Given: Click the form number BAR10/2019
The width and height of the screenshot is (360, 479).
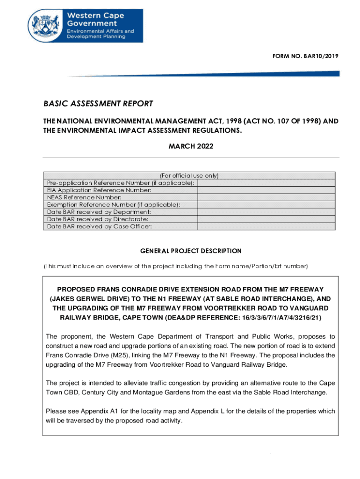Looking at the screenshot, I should (x=305, y=56).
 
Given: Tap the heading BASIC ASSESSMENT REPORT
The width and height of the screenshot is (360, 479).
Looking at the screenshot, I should (x=98, y=103).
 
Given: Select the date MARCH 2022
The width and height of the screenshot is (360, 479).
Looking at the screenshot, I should (x=191, y=146).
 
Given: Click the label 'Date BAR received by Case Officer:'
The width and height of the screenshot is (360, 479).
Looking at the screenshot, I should (x=99, y=226).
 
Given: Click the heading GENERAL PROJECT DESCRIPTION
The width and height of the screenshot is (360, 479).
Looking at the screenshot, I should (x=191, y=251).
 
